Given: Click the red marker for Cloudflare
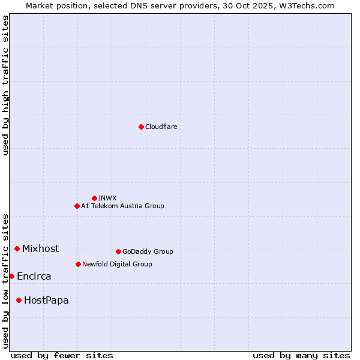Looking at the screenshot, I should click(x=141, y=127).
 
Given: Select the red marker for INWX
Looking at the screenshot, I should click(x=94, y=198).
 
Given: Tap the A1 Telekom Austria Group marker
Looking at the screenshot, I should click(x=77, y=206).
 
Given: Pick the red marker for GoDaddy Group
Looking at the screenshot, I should click(x=118, y=251).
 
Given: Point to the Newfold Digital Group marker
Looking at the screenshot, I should click(x=78, y=264).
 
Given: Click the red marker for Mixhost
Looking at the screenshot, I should click(x=17, y=248).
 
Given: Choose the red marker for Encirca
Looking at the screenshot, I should click(x=11, y=276).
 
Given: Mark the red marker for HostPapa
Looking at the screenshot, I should click(x=19, y=300).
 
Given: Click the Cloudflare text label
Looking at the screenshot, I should click(x=161, y=127).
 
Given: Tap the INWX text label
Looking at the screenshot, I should click(x=107, y=198).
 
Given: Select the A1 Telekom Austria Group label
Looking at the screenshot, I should click(x=122, y=206).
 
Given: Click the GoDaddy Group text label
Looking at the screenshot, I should click(x=148, y=251).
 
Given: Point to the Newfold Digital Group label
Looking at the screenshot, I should click(x=117, y=264).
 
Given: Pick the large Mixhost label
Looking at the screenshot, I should click(x=40, y=248).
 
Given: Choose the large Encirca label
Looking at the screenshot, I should click(x=34, y=276).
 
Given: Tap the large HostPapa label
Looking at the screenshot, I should click(x=46, y=300).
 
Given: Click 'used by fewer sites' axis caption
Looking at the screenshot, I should click(x=62, y=355).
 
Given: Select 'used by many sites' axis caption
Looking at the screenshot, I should click(x=301, y=355).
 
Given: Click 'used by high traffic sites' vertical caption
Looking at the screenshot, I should click(x=5, y=86).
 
